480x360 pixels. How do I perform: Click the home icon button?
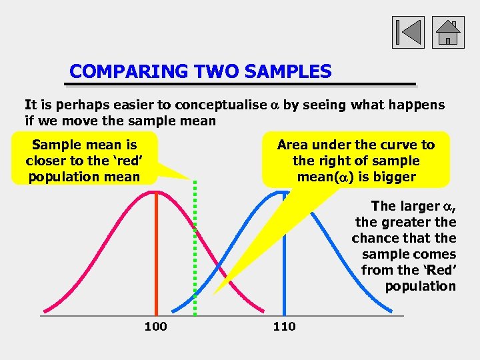click(x=448, y=32)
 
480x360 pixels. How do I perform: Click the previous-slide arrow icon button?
click(x=407, y=32)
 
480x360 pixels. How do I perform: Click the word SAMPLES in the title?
click(x=288, y=71)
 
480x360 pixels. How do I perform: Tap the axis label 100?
click(x=155, y=326)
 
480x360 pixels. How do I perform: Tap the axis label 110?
click(x=284, y=326)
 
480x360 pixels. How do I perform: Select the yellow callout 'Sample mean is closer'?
click(x=83, y=160)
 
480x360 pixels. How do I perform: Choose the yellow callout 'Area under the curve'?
click(x=356, y=160)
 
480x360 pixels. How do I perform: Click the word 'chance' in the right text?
click(x=377, y=238)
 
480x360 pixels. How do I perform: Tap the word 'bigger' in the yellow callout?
click(x=394, y=177)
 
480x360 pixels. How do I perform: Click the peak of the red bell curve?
click(x=156, y=191)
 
